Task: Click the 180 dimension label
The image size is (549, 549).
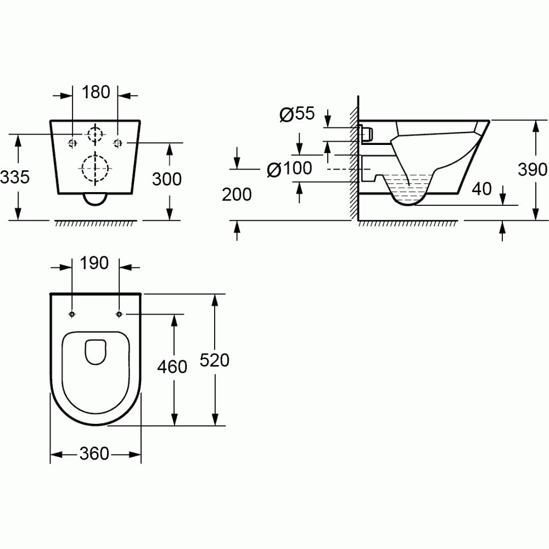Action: (x=96, y=92)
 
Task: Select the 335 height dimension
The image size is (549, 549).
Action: (x=15, y=177)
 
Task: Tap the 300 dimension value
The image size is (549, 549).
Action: (x=167, y=178)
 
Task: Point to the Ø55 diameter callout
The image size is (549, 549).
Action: (x=296, y=114)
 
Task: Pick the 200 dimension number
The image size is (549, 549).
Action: (x=237, y=194)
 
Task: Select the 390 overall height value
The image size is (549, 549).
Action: (x=533, y=170)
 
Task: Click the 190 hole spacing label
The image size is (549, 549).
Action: (x=96, y=264)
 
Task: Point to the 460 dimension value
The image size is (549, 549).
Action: (x=172, y=366)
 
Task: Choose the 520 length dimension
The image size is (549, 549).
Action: (x=214, y=360)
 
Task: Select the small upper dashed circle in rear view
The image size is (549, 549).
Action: (x=96, y=133)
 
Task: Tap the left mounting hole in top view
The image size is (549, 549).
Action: (x=72, y=314)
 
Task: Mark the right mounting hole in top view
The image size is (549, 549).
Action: (x=119, y=314)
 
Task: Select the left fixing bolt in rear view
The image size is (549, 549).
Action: (x=72, y=143)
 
